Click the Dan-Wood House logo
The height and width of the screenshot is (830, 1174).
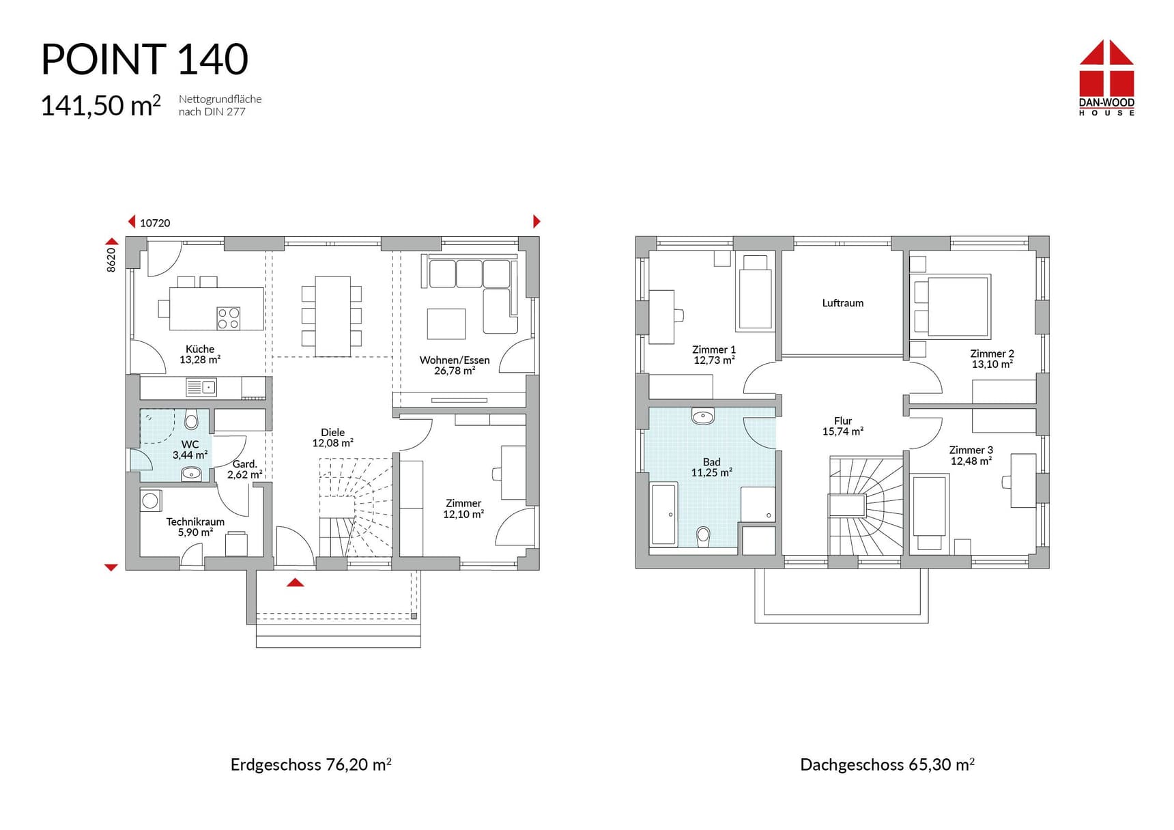click(x=1106, y=77)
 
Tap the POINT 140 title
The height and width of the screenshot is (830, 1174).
click(x=145, y=59)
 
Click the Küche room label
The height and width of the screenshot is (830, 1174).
click(x=200, y=349)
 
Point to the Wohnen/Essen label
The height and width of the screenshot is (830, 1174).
click(x=455, y=360)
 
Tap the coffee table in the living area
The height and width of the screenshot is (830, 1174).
click(x=446, y=324)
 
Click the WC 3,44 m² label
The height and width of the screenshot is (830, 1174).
click(x=190, y=450)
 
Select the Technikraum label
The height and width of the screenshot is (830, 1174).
click(x=195, y=522)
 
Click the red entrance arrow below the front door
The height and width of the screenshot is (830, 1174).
click(x=295, y=582)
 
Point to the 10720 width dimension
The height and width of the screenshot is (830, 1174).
click(x=155, y=223)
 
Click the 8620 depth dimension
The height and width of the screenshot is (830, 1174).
click(x=111, y=260)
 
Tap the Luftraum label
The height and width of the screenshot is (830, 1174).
click(x=843, y=303)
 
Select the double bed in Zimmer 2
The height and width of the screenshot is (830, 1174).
click(x=951, y=306)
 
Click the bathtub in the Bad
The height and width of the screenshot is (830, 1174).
click(x=663, y=515)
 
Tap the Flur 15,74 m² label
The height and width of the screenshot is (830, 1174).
click(x=843, y=427)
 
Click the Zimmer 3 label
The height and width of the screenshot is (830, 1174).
click(x=971, y=450)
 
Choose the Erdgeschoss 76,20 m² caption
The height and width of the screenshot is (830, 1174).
click(x=311, y=764)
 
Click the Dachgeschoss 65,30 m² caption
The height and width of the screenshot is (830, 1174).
click(x=887, y=764)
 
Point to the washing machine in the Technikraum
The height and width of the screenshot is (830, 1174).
click(x=151, y=500)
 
